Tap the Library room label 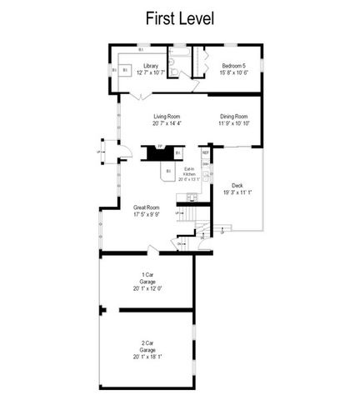[150, 66]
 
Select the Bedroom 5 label [233, 66]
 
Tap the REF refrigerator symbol [205, 153]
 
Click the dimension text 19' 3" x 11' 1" [237, 192]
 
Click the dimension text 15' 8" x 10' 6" [233, 72]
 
